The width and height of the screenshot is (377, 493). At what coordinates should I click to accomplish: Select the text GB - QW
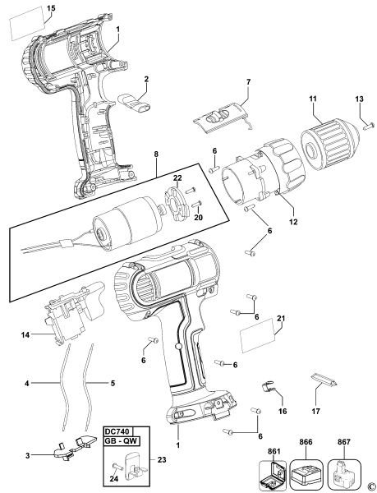point(121,440)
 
